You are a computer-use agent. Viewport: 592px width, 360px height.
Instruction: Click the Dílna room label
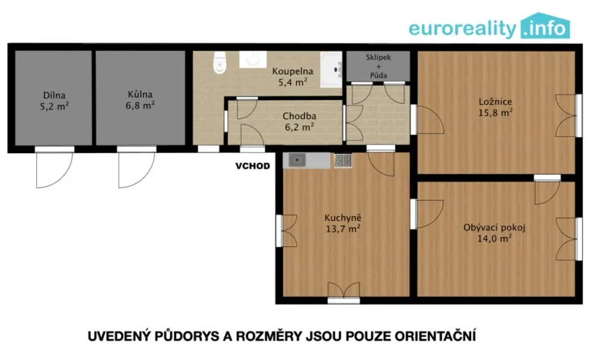(x=53, y=102)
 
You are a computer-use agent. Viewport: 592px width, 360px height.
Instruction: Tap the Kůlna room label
(x=141, y=100)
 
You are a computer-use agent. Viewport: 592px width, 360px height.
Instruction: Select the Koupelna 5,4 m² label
(x=293, y=75)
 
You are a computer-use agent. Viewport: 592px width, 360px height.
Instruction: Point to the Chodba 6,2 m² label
(x=299, y=122)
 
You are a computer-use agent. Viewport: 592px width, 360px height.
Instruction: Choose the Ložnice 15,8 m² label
(x=493, y=106)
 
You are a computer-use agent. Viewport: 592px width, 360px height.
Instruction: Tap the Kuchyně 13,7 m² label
(x=343, y=222)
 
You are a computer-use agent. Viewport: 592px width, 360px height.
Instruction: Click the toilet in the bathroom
(x=219, y=64)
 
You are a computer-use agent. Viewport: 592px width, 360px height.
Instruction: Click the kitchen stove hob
(x=343, y=161)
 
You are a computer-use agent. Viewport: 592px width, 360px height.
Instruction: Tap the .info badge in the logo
(x=546, y=28)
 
